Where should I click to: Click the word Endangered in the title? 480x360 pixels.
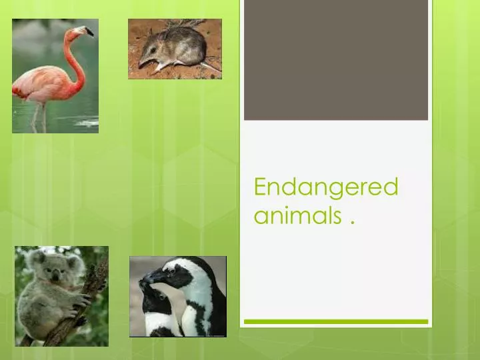pos(325,187)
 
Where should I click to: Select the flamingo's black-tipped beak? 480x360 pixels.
pos(89,31)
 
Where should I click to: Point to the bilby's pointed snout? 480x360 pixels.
pos(141,63)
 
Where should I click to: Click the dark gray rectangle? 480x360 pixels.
pos(335,60)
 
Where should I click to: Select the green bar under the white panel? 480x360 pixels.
pos(335,321)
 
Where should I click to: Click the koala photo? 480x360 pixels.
pos(61,296)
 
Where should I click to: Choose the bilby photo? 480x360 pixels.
pos(175,49)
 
